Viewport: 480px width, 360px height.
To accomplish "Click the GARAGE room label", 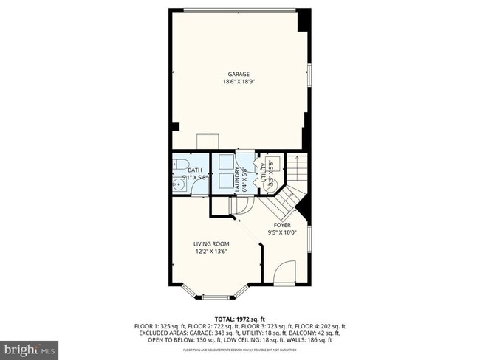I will click(x=238, y=74).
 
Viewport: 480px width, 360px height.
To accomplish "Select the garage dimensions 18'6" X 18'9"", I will click(x=238, y=82).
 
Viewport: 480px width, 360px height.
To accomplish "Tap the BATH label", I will click(x=194, y=170).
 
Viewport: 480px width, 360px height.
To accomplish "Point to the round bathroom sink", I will click(x=178, y=186).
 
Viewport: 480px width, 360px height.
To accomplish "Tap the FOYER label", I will click(x=282, y=224).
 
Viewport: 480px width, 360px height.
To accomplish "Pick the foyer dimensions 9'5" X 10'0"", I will click(x=282, y=232).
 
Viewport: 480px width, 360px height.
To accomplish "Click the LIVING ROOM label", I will click(x=211, y=244).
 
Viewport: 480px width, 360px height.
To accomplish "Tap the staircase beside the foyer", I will click(x=295, y=177).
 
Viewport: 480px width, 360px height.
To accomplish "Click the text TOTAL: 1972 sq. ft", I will click(x=240, y=319).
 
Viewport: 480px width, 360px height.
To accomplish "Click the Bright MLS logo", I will click(x=30, y=347).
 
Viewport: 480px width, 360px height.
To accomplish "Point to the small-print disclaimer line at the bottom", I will click(x=240, y=350).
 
